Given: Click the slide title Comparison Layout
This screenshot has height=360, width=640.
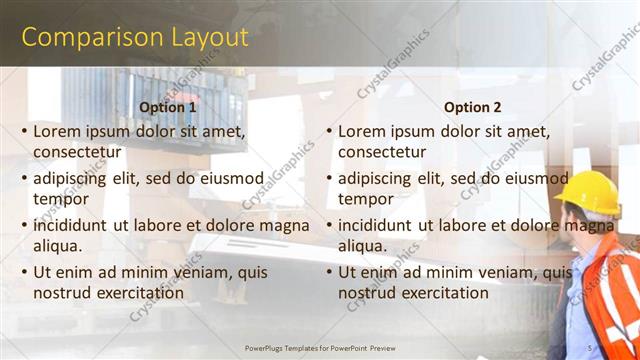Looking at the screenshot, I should tap(134, 38).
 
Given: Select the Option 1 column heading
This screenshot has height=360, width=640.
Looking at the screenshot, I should tap(168, 107).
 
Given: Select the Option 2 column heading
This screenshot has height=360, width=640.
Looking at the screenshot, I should tap(473, 107).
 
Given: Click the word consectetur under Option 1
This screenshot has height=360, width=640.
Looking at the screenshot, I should tap(77, 152).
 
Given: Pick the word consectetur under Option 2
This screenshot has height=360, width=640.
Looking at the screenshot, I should tap(382, 152).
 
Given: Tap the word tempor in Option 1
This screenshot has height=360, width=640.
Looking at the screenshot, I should tap(60, 199).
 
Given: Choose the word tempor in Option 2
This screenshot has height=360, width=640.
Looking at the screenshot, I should tap(365, 199).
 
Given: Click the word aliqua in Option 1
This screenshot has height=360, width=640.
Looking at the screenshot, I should tap(57, 246).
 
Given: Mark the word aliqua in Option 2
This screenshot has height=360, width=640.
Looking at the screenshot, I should tap(362, 246).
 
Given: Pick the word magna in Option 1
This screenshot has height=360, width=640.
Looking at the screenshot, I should tap(285, 226).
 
